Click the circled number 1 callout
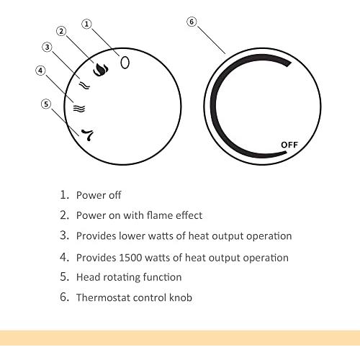(86, 24)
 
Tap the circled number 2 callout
(61, 31)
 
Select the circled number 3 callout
(47, 47)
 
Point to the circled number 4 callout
(40, 71)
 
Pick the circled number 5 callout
(46, 104)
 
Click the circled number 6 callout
(192, 22)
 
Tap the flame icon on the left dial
(100, 70)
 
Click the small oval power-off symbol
(125, 63)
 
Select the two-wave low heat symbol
(84, 85)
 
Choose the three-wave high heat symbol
(79, 109)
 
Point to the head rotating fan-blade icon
(87, 135)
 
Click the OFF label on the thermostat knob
(289, 145)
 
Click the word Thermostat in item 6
(103, 297)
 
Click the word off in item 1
(115, 195)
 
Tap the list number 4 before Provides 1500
(64, 257)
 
